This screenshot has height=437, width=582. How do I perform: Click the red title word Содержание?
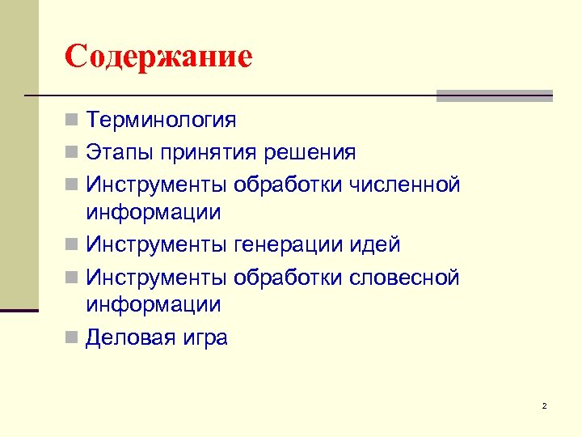159,56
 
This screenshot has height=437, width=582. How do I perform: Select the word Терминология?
162,121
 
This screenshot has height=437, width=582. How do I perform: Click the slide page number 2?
544,405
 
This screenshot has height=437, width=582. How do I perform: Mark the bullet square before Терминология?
72,121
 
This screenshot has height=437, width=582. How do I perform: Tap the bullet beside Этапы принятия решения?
72,153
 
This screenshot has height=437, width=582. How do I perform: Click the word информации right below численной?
154,213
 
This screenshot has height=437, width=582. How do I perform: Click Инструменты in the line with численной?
158,185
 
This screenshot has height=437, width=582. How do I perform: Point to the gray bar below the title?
494,96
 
